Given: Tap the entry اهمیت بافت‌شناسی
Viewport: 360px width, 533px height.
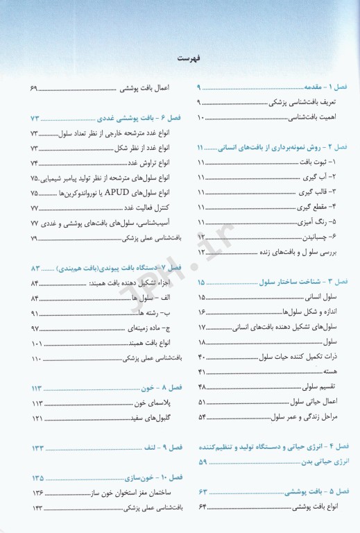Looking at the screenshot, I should (x=310, y=119).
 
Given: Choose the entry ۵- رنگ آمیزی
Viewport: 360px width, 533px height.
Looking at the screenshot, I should (x=317, y=222).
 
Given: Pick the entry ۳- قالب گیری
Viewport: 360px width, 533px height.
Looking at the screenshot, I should (x=318, y=191).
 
